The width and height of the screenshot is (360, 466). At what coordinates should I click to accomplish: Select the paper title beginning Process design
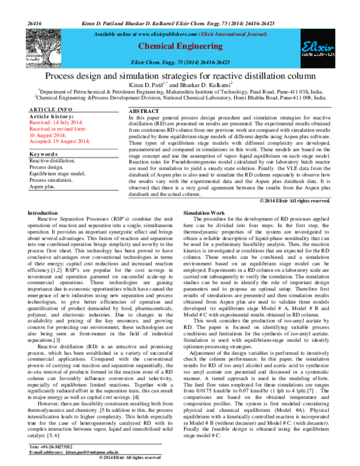179,76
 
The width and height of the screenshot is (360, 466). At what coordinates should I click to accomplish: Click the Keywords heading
44,154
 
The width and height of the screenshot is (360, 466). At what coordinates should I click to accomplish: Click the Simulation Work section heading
203,213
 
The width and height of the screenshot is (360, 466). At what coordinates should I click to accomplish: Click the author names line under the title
179,86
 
